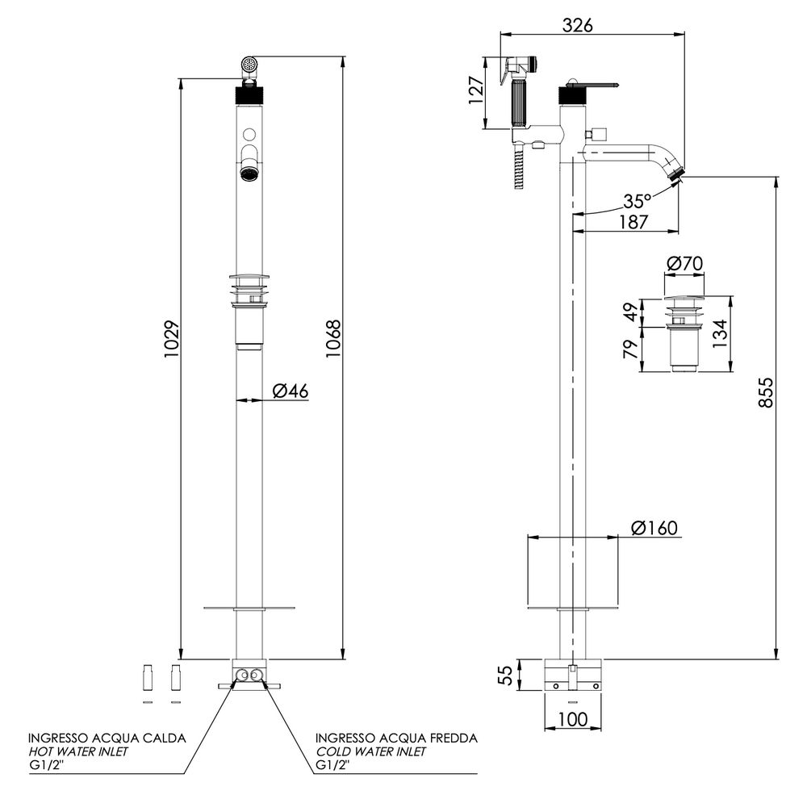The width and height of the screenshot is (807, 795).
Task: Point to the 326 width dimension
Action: (x=578, y=24)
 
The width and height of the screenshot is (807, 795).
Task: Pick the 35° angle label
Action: (x=638, y=201)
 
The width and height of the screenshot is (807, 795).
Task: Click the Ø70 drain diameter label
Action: (x=685, y=262)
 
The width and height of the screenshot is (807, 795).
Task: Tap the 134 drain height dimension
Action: (x=720, y=331)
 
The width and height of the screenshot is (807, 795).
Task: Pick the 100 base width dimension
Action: (x=573, y=718)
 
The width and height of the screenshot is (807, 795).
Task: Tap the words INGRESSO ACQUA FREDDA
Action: (x=396, y=738)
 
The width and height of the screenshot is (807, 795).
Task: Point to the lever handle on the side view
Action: (x=593, y=84)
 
